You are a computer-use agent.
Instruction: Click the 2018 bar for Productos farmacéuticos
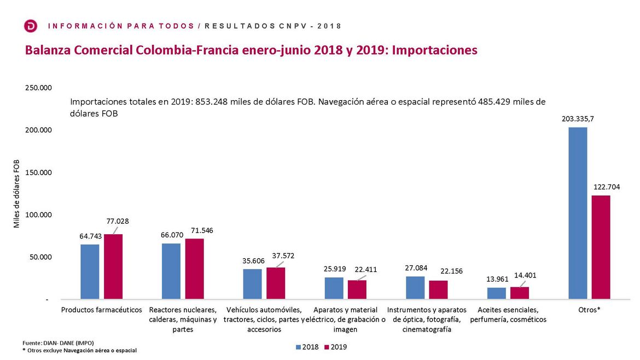(90, 271)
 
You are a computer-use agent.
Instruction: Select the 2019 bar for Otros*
(601, 247)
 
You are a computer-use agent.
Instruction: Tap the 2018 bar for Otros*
(578, 213)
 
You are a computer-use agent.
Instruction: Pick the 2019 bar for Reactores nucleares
(194, 269)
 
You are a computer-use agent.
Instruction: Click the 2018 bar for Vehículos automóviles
(253, 284)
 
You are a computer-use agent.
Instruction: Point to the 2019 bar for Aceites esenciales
(520, 293)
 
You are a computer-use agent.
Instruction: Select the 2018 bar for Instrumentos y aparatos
(415, 287)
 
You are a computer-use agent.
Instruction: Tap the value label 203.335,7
(578, 118)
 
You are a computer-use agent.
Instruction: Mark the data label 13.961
(497, 279)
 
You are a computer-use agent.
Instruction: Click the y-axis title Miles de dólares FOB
(17, 194)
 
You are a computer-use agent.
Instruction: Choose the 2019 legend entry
(336, 347)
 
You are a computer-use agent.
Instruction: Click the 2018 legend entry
(306, 347)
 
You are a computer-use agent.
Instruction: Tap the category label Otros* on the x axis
(589, 310)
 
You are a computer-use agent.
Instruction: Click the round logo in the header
(31, 26)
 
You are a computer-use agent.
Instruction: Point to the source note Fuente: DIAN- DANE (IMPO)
(58, 342)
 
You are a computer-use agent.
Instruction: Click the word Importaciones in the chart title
(435, 50)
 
